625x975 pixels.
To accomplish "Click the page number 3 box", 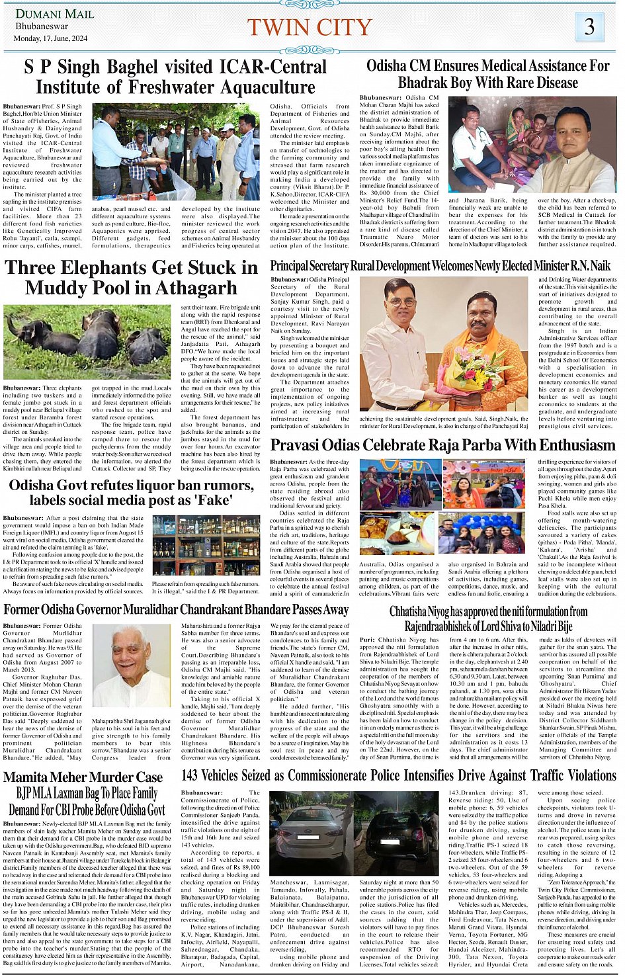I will pos(589,26).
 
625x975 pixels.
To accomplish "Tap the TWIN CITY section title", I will pos(310,27).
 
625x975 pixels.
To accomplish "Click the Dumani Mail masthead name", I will pos(55,14).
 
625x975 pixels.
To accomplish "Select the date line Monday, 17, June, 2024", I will pos(51,38).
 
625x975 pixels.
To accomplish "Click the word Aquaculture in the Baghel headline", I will pos(260,87).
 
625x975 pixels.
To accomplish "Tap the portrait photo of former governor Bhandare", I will pos(131,666).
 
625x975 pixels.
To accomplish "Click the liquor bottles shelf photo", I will pos(206,547).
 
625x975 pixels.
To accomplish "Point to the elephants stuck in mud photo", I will pos(87,342).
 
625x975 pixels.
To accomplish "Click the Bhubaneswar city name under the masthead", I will pos(42,26).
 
